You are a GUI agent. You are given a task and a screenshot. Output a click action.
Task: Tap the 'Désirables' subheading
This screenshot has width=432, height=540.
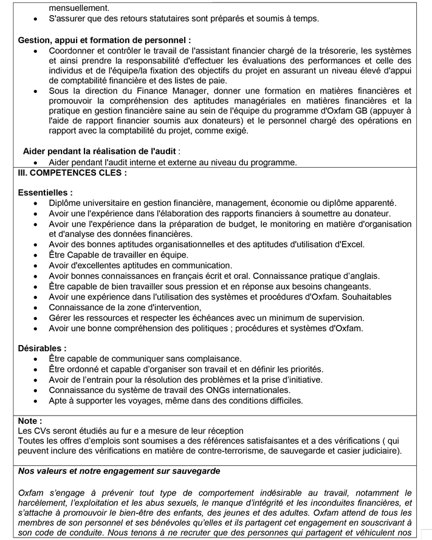coord(41,349)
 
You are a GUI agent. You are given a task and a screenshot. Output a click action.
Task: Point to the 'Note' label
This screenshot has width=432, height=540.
coord(30,420)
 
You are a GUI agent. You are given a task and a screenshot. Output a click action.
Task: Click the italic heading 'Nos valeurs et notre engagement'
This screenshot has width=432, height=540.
coord(118,471)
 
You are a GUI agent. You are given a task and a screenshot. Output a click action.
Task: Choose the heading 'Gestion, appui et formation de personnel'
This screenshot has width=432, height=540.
coord(104,39)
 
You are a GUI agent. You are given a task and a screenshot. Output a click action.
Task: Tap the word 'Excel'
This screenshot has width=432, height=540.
coord(351,244)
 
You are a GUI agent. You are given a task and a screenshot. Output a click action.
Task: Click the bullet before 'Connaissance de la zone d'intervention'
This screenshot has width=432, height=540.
coord(39,307)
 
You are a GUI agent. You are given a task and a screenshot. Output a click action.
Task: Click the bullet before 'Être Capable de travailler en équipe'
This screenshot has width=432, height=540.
coord(39,255)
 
